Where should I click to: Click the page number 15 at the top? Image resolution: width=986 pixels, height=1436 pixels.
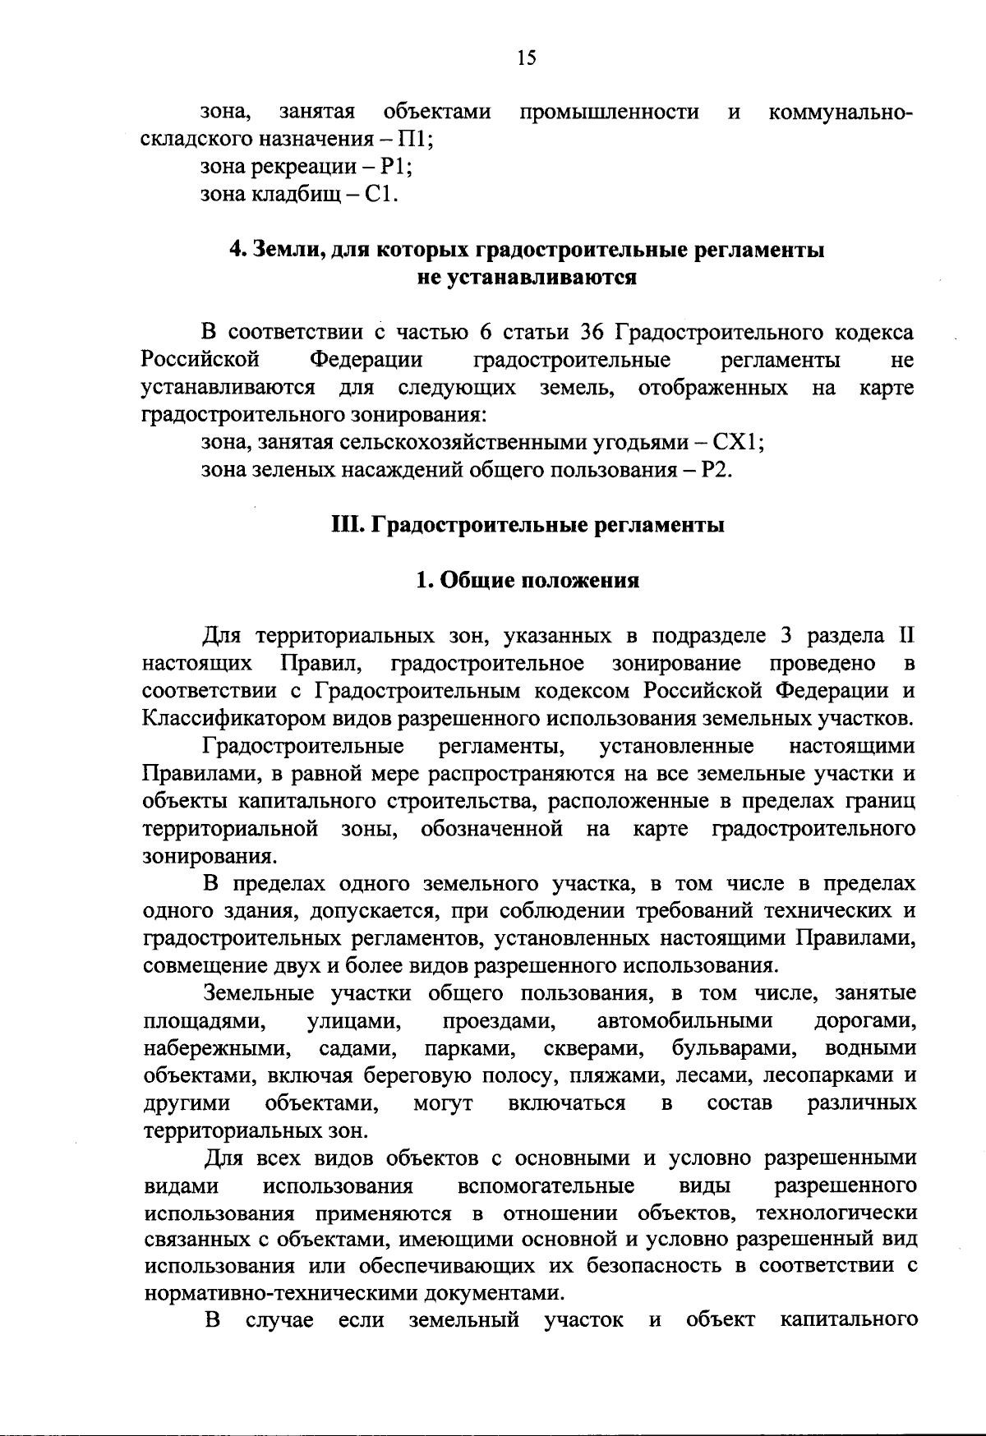(526, 57)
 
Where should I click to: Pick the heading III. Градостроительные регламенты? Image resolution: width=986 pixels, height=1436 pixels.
(527, 525)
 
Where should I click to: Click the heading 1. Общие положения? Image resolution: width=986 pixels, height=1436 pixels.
(527, 580)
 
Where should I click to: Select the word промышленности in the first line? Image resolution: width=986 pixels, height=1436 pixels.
(609, 111)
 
